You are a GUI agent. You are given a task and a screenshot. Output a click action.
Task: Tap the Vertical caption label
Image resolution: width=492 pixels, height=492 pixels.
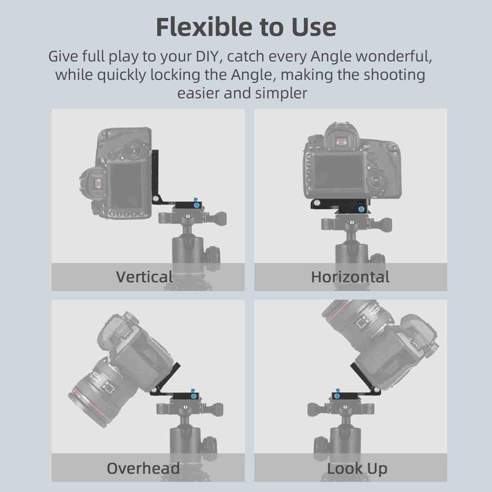(144, 277)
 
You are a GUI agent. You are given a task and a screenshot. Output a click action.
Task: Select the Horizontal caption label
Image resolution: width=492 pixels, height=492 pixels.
(350, 277)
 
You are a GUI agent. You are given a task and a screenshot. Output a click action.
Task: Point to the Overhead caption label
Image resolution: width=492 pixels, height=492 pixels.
(143, 468)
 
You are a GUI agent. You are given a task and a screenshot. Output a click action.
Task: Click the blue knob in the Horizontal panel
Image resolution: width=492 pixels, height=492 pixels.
(360, 209)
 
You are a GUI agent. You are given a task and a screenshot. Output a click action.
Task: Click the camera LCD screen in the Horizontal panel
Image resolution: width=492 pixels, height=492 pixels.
(339, 172)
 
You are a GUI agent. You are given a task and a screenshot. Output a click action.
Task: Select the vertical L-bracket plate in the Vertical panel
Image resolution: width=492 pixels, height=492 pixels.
(156, 176)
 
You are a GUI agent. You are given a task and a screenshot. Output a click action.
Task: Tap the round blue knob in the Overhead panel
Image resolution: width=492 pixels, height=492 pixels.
(193, 396)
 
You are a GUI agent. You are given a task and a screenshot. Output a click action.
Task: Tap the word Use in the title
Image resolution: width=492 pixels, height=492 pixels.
(314, 27)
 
